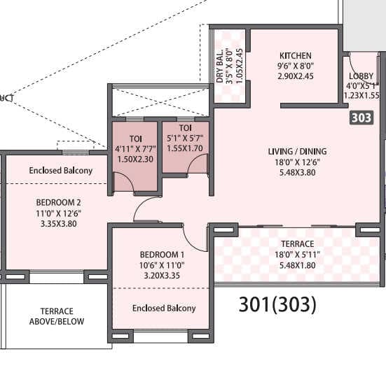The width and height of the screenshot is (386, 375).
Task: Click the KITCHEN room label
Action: pyautogui.click(x=296, y=56)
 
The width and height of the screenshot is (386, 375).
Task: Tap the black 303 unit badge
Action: pyautogui.click(x=361, y=118)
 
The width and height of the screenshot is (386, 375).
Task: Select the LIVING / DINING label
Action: pyautogui.click(x=297, y=151)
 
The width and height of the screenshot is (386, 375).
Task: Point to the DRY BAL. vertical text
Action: pyautogui.click(x=220, y=66)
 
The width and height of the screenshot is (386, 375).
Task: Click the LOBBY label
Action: pyautogui.click(x=361, y=77)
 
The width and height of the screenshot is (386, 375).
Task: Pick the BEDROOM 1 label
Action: pyautogui.click(x=162, y=254)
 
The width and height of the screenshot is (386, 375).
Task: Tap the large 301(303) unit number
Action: pyautogui.click(x=277, y=304)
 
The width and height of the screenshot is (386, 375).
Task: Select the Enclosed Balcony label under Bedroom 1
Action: pyautogui.click(x=163, y=308)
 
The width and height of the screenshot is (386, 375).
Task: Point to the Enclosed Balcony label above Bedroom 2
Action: pyautogui.click(x=60, y=171)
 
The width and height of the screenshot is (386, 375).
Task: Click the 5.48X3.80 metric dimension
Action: pyautogui.click(x=297, y=174)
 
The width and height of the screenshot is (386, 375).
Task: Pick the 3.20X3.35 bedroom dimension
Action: pyautogui.click(x=162, y=276)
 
